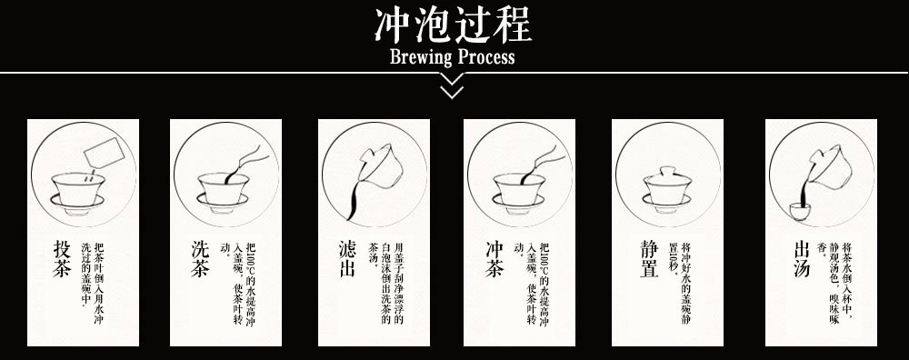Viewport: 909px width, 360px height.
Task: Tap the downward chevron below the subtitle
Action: (452, 89)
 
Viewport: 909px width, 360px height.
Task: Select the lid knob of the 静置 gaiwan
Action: (668, 170)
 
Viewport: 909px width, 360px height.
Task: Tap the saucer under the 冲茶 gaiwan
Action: (519, 202)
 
